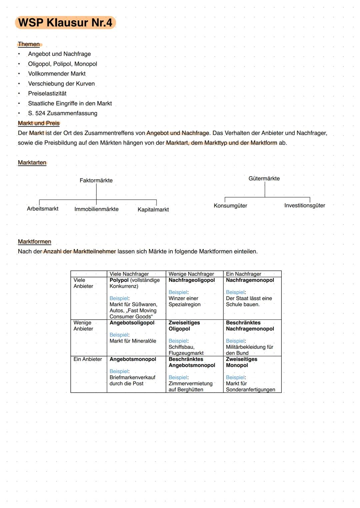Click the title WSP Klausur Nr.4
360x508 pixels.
pyautogui.click(x=65, y=23)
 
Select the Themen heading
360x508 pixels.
pyautogui.click(x=29, y=44)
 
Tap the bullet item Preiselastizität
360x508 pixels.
pyautogui.click(x=47, y=94)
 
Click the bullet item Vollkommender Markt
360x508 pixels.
pyautogui.click(x=57, y=74)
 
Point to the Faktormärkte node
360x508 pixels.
pyautogui.click(x=96, y=181)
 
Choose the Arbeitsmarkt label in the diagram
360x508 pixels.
pyautogui.click(x=43, y=209)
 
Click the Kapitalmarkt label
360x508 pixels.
pyautogui.click(x=153, y=210)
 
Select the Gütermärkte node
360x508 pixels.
pyautogui.click(x=264, y=179)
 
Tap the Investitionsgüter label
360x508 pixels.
pyautogui.click(x=304, y=206)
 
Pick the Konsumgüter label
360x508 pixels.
pyautogui.click(x=230, y=206)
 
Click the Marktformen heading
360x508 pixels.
pyautogui.click(x=35, y=242)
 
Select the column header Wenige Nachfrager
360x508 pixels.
pyautogui.click(x=191, y=274)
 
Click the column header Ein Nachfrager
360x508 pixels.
pyautogui.click(x=243, y=274)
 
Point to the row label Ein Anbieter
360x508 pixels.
pyautogui.click(x=88, y=359)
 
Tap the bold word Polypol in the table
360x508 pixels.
pyautogui.click(x=119, y=280)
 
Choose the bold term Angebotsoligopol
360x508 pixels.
pyautogui.click(x=132, y=323)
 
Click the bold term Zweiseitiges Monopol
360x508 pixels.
pyautogui.click(x=241, y=362)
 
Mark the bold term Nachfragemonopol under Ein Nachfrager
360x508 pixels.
pyautogui.click(x=250, y=280)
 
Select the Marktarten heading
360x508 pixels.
pyautogui.click(x=32, y=163)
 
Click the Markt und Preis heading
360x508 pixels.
pyautogui.click(x=39, y=123)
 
